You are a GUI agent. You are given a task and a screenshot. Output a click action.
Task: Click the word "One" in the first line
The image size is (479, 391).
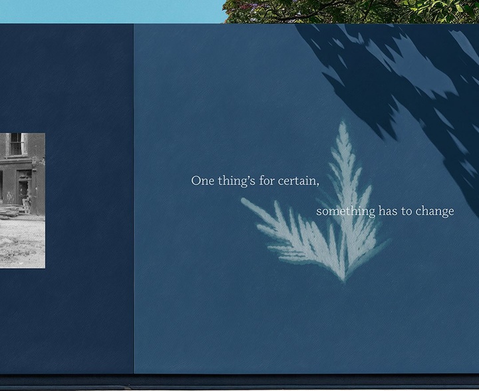(x=202, y=181)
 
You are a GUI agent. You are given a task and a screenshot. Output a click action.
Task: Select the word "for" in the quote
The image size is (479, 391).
(x=267, y=181)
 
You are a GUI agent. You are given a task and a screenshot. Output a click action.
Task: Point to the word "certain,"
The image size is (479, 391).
(x=299, y=181)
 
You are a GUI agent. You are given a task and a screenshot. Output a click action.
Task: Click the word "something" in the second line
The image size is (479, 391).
(x=346, y=211)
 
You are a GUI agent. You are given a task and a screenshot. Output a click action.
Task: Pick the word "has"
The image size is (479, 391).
(x=388, y=211)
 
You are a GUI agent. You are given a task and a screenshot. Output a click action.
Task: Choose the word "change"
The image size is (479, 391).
(x=434, y=211)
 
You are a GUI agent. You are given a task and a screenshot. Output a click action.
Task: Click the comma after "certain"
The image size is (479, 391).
(x=318, y=185)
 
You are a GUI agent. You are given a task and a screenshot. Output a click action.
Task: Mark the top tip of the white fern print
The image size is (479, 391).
(x=343, y=122)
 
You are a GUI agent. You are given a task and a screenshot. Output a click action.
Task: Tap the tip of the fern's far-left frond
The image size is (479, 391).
(x=243, y=200)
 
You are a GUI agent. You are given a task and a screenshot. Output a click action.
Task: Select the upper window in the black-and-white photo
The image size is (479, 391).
(x=16, y=144)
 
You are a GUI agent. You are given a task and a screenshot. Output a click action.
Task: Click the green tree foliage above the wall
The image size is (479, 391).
(x=351, y=11)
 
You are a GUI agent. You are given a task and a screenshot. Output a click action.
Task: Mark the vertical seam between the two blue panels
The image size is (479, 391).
(x=134, y=198)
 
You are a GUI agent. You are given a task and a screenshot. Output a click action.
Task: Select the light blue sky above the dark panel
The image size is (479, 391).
(x=112, y=11)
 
